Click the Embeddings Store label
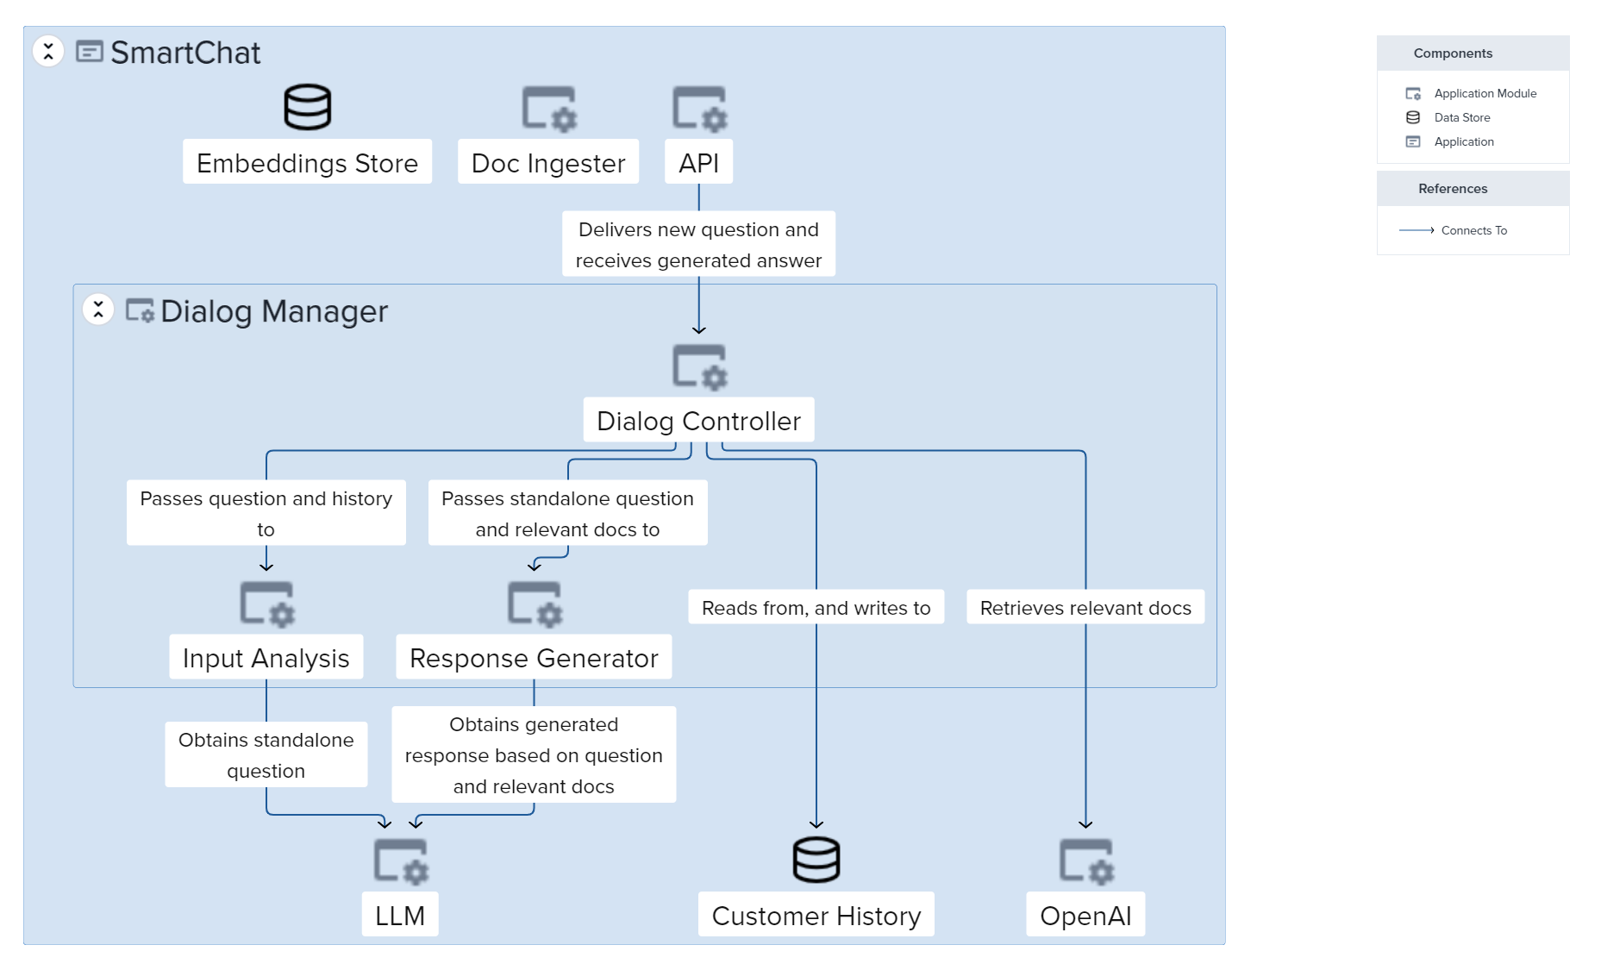pos(307,162)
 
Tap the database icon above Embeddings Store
pos(307,107)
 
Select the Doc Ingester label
pos(548,162)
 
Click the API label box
pos(698,162)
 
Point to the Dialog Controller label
pos(698,420)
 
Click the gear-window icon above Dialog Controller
pos(699,367)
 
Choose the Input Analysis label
pos(266,657)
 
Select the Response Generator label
pos(534,657)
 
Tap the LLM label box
pos(400,914)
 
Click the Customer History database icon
pos(816,860)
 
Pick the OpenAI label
pos(1085,914)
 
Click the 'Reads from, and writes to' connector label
pos(816,607)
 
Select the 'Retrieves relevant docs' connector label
pos(1085,607)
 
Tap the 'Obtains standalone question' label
pos(266,754)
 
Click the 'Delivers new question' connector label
pos(698,244)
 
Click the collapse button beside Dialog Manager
pos(98,310)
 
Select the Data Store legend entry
pos(1461,117)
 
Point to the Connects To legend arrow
pos(1417,230)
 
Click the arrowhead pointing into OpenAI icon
pos(1085,824)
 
